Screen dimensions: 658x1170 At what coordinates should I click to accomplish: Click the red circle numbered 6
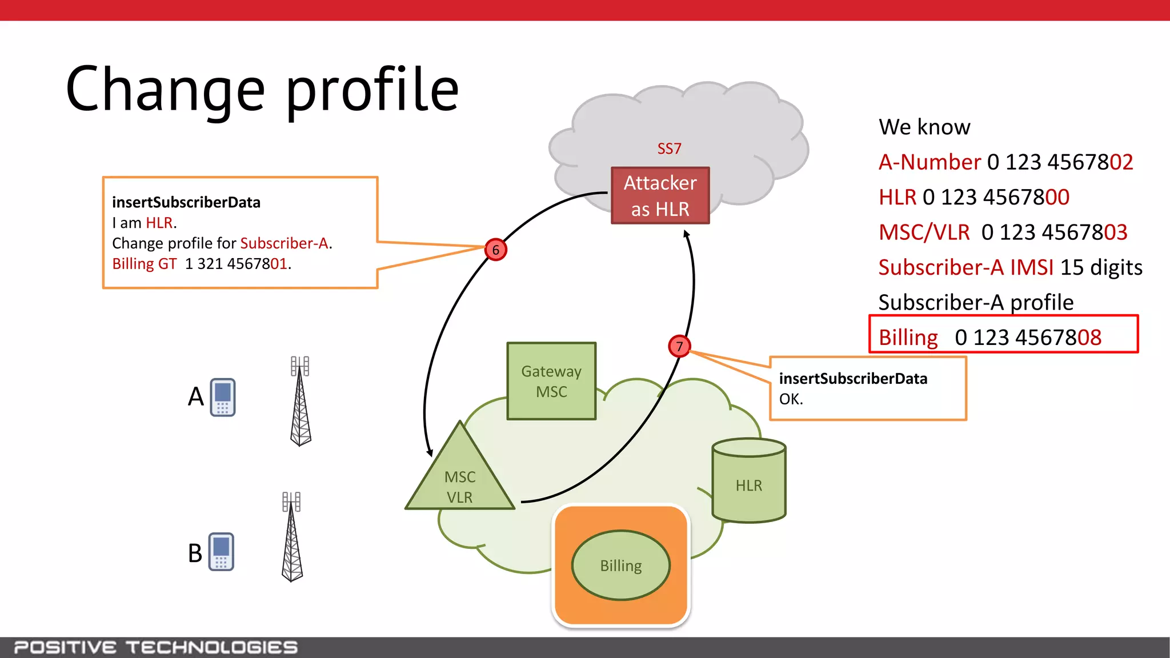[x=495, y=250]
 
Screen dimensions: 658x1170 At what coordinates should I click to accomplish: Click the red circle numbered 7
[x=679, y=346]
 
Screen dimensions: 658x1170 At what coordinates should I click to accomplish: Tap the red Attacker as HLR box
[x=660, y=195]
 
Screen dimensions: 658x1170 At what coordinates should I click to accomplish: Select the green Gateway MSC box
[x=551, y=381]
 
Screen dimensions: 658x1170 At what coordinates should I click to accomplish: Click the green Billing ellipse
[x=620, y=565]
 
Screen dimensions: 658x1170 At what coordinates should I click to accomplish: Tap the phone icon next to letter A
[x=223, y=397]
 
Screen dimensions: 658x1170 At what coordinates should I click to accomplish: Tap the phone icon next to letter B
[x=221, y=552]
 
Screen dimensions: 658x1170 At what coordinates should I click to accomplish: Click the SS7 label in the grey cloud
[x=669, y=149]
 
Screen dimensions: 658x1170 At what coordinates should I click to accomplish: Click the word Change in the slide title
[x=166, y=90]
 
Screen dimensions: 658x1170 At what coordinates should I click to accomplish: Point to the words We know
[x=924, y=127]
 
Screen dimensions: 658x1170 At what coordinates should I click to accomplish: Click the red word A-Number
[x=929, y=162]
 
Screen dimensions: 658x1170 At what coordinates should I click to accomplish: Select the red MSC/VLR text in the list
[x=924, y=232]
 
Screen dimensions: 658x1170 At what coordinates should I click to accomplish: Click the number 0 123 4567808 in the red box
[x=1028, y=338]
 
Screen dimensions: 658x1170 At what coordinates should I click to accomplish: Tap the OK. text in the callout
[x=791, y=399]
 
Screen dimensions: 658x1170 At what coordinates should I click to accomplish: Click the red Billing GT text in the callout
[x=145, y=264]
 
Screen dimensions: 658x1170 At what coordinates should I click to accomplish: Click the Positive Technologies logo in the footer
[x=155, y=647]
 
